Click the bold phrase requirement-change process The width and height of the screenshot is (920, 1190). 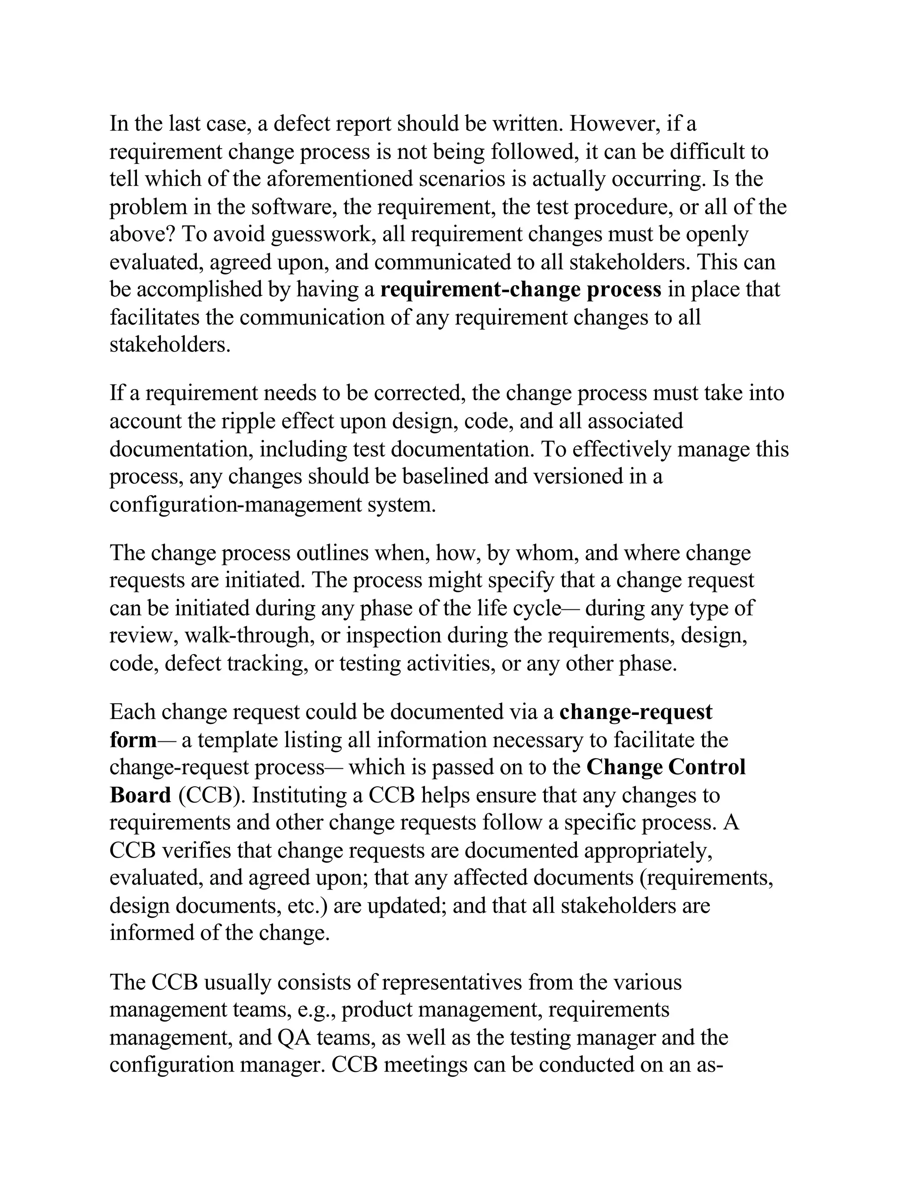[521, 289]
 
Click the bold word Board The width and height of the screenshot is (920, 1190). [141, 795]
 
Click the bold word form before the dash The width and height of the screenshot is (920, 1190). [133, 740]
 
